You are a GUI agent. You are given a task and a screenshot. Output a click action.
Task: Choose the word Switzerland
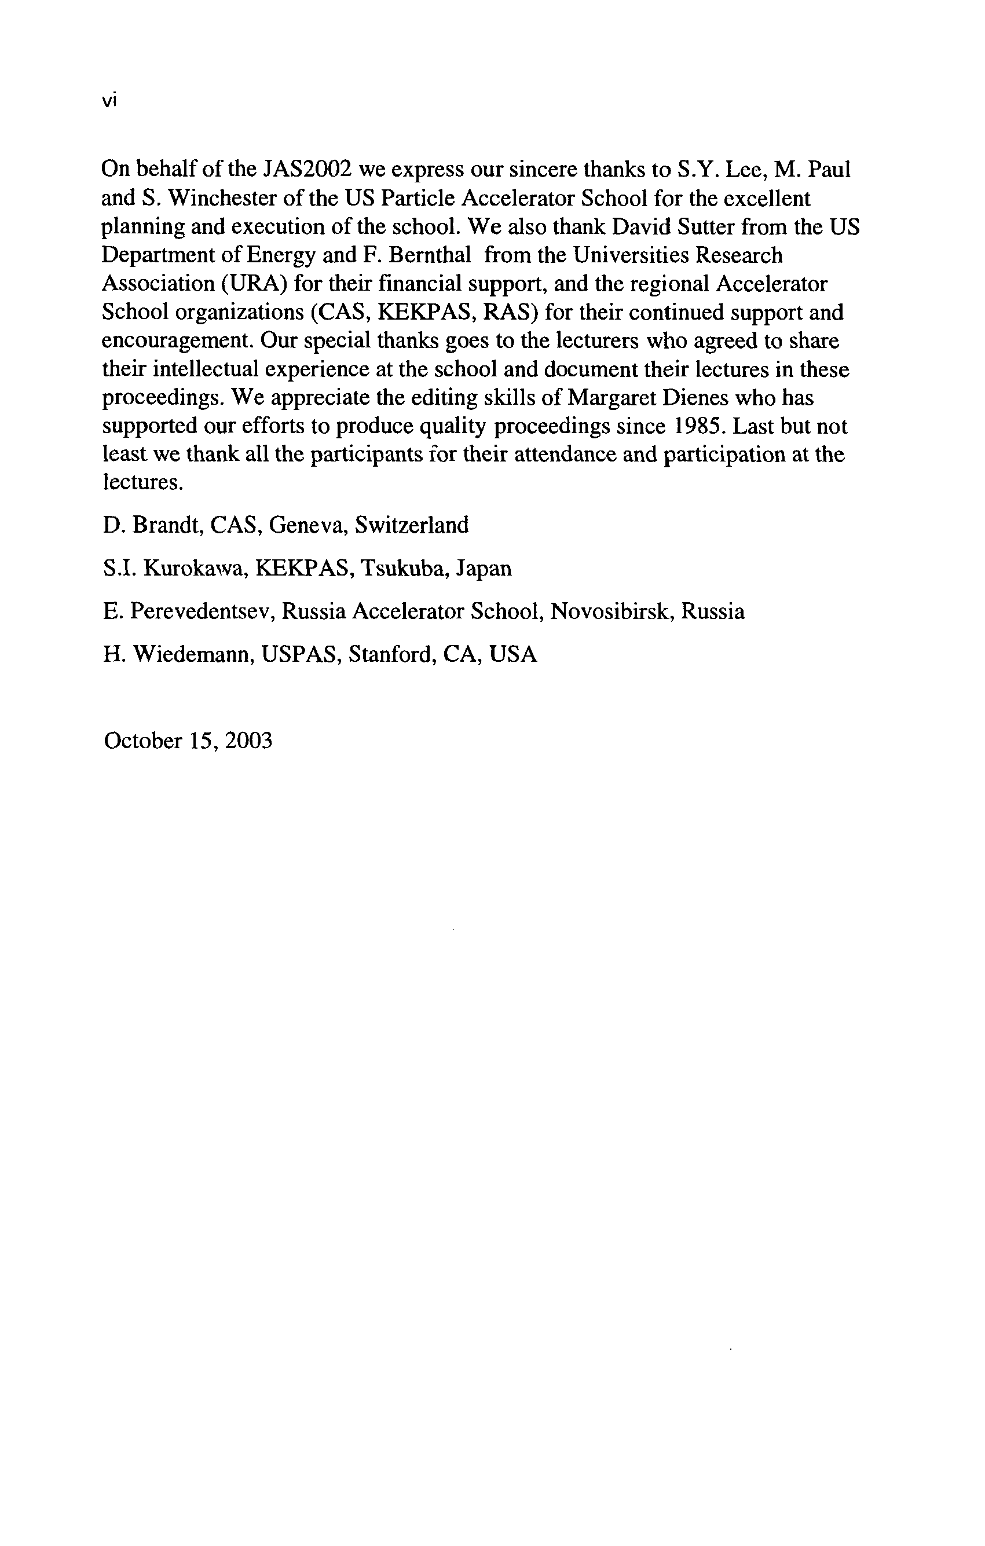[412, 525]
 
